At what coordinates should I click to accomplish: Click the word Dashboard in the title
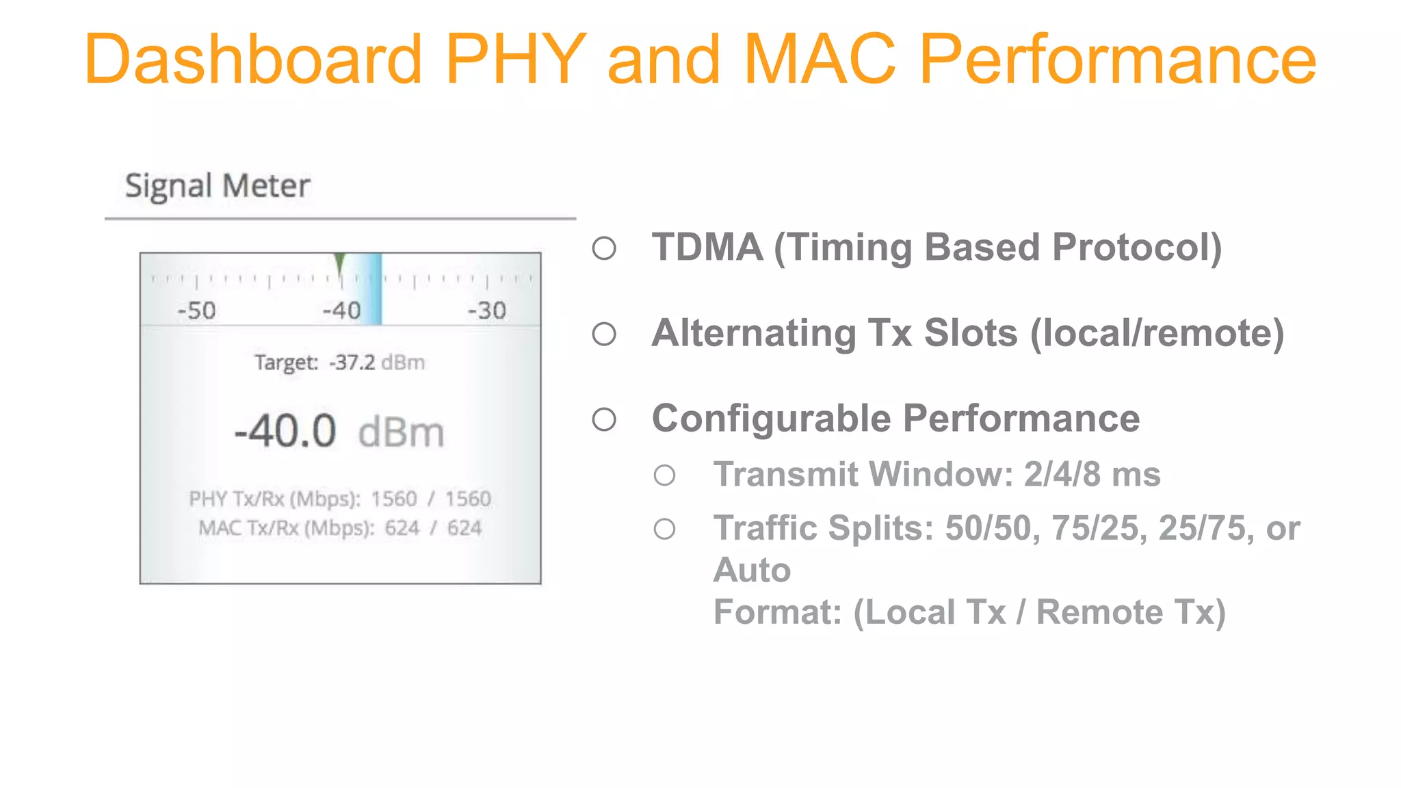click(x=253, y=60)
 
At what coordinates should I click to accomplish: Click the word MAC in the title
click(x=820, y=60)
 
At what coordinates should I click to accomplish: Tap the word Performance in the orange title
click(x=1117, y=60)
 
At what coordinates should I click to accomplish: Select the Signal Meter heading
click(x=218, y=186)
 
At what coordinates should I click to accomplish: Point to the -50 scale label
click(x=196, y=311)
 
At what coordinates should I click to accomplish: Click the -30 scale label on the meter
click(x=486, y=311)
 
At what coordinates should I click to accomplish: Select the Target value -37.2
click(x=352, y=362)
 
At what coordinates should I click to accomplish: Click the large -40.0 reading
click(x=285, y=432)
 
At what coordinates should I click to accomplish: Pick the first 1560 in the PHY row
click(x=394, y=499)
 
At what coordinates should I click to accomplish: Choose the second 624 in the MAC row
click(x=464, y=528)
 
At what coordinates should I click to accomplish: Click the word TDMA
click(x=707, y=247)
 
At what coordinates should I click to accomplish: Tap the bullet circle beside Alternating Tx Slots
click(x=604, y=334)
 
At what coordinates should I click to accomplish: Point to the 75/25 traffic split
click(x=1099, y=528)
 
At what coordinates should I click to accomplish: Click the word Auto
click(x=752, y=570)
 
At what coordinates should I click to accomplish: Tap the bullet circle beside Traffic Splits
click(x=664, y=529)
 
